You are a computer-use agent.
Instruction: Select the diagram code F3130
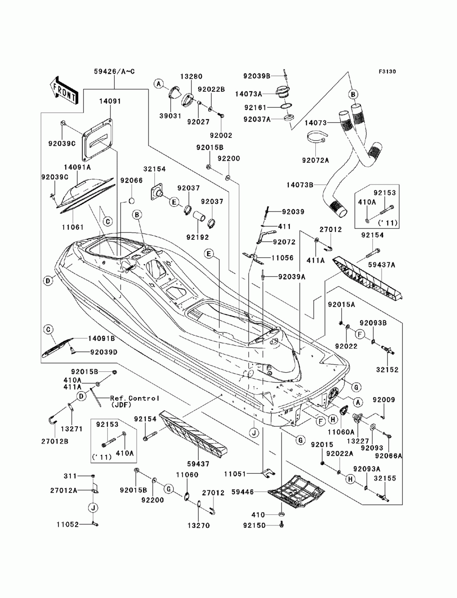387,72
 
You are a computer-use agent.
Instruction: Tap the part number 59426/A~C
114,71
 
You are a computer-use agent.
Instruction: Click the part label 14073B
299,185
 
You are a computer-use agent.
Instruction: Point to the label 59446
242,492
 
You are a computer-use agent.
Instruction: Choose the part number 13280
191,76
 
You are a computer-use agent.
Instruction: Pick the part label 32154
154,169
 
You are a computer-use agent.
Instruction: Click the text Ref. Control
135,398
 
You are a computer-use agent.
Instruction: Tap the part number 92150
254,525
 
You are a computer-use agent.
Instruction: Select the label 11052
68,524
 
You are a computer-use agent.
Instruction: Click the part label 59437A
381,265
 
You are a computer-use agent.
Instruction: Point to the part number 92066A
388,455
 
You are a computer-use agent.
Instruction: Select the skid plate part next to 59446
296,492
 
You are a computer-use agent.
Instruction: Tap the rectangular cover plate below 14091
97,139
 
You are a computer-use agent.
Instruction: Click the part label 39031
170,116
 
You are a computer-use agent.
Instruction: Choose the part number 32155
384,478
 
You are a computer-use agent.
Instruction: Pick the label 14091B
101,338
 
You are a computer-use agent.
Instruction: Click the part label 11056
282,258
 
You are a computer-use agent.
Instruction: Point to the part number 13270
199,525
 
